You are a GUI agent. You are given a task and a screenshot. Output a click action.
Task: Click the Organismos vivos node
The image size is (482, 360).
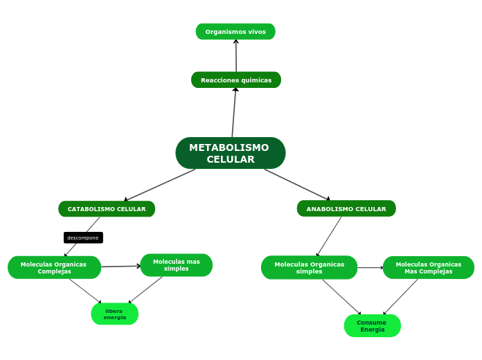(x=235, y=32)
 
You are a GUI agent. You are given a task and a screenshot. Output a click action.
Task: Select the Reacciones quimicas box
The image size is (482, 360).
(x=236, y=80)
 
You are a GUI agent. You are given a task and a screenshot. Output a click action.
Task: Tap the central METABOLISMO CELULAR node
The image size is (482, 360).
(x=230, y=153)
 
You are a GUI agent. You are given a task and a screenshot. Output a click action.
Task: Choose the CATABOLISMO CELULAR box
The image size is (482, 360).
(x=107, y=209)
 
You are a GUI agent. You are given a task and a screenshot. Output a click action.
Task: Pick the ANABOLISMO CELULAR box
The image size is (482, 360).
(x=346, y=209)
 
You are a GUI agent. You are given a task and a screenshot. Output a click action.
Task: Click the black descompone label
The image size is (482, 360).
(x=83, y=237)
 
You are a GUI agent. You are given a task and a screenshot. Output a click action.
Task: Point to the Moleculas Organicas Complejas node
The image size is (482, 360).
(x=54, y=267)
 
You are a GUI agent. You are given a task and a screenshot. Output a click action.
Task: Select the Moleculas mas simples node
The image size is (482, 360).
(x=176, y=265)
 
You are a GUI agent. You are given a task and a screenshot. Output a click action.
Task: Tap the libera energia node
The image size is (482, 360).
(x=114, y=314)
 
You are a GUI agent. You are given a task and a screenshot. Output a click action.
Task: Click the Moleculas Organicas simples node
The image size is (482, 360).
(x=309, y=267)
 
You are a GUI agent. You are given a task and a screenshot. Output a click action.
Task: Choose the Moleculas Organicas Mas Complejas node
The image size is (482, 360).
(x=428, y=267)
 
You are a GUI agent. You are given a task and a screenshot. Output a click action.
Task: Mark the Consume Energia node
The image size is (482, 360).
(x=372, y=325)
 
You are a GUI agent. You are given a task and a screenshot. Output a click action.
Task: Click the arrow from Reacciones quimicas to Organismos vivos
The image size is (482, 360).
(x=236, y=55)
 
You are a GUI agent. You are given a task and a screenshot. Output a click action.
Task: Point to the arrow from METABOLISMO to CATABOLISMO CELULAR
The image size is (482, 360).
(x=159, y=185)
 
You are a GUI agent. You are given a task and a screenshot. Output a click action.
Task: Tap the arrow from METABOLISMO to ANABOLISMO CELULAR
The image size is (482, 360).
(x=297, y=185)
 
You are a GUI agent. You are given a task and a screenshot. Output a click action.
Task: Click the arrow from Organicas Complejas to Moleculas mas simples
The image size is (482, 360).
(x=120, y=267)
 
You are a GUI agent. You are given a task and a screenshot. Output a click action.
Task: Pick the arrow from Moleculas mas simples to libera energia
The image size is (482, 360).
(x=145, y=290)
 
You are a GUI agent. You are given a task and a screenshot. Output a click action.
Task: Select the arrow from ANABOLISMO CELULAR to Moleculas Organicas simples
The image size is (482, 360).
(x=329, y=237)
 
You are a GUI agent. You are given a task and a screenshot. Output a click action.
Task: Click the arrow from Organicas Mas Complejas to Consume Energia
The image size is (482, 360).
(x=401, y=296)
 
